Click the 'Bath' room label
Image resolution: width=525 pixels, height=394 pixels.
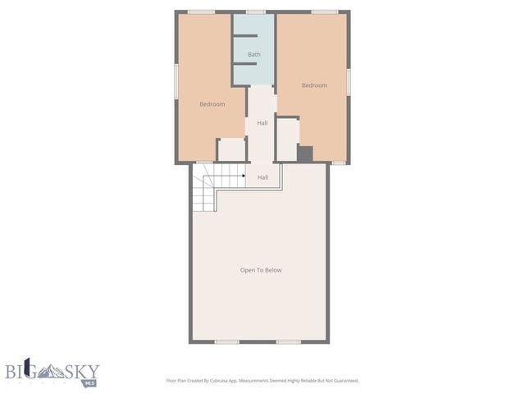(x=254, y=55)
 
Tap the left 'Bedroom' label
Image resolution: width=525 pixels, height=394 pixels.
(x=212, y=104)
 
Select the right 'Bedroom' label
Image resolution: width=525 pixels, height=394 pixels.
(x=314, y=85)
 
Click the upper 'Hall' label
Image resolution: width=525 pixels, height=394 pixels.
(x=262, y=123)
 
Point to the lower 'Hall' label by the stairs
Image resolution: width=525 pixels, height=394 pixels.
(x=262, y=177)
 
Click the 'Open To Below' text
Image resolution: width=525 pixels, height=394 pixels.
(x=261, y=270)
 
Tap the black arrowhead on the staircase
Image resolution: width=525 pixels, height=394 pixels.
(x=244, y=175)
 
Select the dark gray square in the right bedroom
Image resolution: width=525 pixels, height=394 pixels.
(x=305, y=154)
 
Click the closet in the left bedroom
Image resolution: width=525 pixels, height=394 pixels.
(x=232, y=150)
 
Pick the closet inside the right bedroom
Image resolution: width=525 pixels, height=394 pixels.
(x=286, y=140)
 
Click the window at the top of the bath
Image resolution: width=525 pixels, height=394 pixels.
(x=256, y=11)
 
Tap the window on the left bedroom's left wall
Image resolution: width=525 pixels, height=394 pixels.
(x=176, y=82)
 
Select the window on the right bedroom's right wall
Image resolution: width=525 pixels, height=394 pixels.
(x=349, y=81)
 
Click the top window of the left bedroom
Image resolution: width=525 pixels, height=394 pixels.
(x=202, y=11)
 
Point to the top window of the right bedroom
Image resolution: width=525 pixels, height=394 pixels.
(x=324, y=11)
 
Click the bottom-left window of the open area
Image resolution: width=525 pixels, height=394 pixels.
(x=226, y=341)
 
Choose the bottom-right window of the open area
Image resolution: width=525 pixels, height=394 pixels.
(x=288, y=341)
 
